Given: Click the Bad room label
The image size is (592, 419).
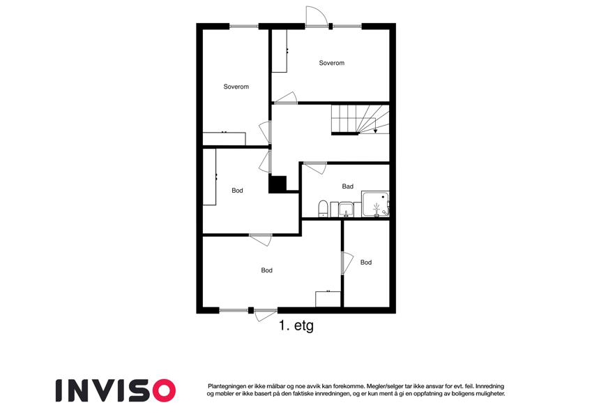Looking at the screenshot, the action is pos(347,186).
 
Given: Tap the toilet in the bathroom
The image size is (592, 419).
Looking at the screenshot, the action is pos(323,209).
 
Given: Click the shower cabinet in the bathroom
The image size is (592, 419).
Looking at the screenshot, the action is pos(376,204).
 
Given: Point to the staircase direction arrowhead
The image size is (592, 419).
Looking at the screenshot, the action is pos(375,131).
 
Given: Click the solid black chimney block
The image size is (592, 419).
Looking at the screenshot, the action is pos(278,184).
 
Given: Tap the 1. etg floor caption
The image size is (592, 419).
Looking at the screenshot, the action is pos(296,325).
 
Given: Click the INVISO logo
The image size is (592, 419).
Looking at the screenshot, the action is pos(116,390).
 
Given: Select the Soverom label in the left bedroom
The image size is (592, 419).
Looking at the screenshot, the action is pos(236,87).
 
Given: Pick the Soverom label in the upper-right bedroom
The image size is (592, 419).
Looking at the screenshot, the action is pos(331,63).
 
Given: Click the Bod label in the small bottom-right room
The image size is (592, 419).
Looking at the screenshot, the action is pos(366,263).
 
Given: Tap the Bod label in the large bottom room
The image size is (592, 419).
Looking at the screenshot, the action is pos(266,270).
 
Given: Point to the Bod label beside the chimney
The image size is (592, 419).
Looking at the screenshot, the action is pos(237,191).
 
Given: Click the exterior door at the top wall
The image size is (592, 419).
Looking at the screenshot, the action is pos(316,17).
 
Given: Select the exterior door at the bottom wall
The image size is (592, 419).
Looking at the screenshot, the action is pos(265,315).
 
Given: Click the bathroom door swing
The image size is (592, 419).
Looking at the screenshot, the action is pos(315,168).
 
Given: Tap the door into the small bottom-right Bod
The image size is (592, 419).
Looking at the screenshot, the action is pos(347,263).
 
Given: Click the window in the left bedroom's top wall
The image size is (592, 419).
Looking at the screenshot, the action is pos(244,27).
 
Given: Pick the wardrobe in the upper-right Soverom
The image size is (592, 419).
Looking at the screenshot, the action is pos(280,51).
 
